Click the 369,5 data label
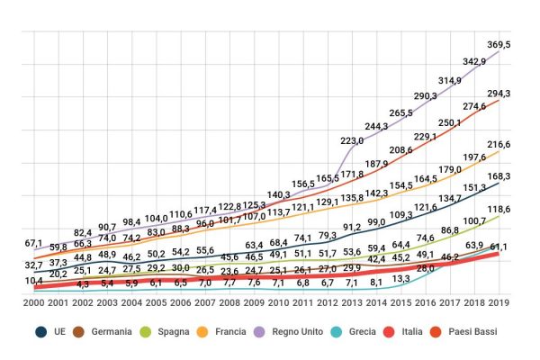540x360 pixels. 499,44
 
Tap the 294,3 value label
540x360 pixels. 499,94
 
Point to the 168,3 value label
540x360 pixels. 499,176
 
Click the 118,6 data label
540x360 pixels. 499,209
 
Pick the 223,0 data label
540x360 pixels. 352,140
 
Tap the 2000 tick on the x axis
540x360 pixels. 36,303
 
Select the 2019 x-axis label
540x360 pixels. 499,303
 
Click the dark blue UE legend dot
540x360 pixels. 41,332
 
